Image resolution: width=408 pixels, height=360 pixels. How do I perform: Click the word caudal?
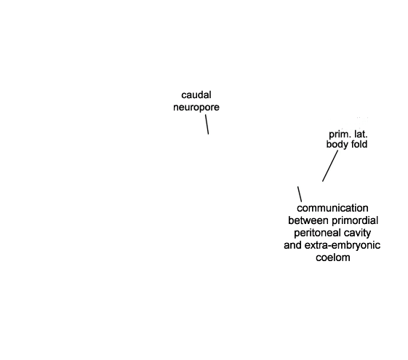(x=196, y=95)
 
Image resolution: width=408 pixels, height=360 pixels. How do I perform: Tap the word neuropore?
(x=196, y=107)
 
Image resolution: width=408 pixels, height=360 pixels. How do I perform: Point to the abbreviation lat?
(x=361, y=135)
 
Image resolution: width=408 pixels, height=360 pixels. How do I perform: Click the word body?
(x=337, y=145)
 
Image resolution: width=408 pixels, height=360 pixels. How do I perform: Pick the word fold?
(x=359, y=144)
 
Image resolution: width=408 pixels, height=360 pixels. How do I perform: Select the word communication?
(x=332, y=208)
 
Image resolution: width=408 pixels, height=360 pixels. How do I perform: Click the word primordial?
(x=355, y=220)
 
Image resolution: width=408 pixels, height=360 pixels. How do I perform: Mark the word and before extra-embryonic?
(x=293, y=245)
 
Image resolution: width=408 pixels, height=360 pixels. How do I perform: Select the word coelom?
(x=333, y=257)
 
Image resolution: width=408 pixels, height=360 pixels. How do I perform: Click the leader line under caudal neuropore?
(x=207, y=124)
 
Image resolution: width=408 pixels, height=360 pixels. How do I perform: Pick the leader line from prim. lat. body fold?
(x=330, y=166)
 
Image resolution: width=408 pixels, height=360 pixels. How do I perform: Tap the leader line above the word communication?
(x=300, y=194)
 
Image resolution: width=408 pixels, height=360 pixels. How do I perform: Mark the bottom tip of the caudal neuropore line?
(x=209, y=135)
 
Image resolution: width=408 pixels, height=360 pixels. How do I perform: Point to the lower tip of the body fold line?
(x=323, y=181)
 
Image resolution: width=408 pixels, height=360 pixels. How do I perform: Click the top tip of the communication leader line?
(x=298, y=186)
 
